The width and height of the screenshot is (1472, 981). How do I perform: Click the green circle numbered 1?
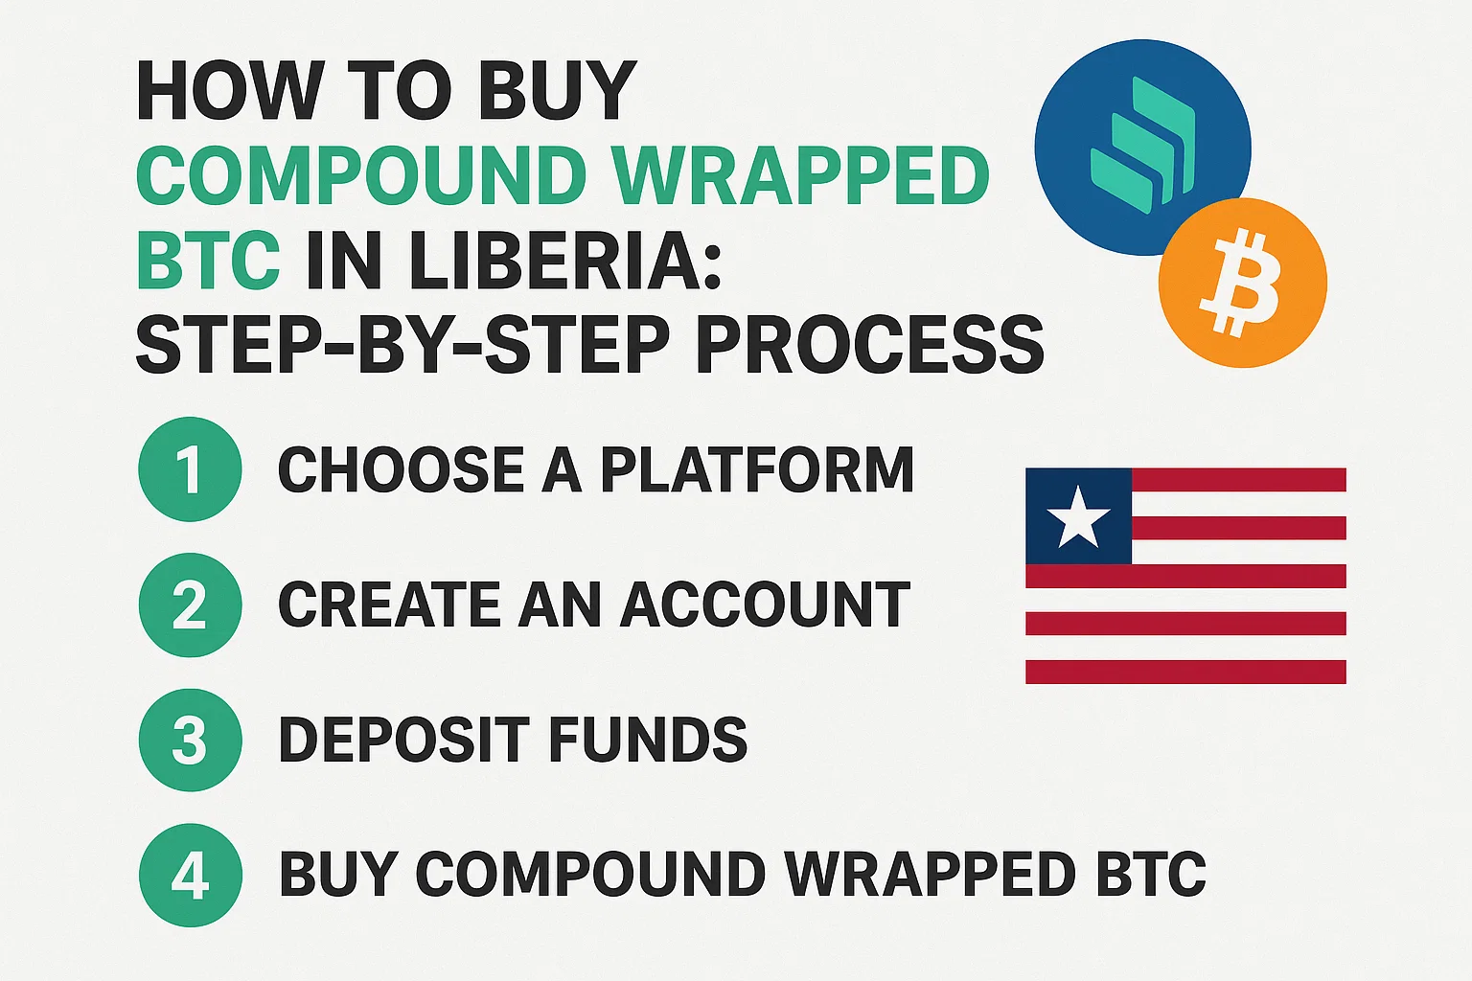tap(190, 469)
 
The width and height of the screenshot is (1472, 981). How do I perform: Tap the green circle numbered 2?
tap(190, 605)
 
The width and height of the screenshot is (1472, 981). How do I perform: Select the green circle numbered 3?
tap(190, 740)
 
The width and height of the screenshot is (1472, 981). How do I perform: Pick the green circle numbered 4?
tap(190, 876)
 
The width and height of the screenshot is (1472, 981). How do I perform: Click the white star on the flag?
tap(1078, 516)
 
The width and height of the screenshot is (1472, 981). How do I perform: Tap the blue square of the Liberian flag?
tap(1078, 515)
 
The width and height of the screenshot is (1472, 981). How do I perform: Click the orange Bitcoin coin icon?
tap(1243, 283)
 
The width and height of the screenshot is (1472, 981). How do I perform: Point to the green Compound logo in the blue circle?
tap(1142, 146)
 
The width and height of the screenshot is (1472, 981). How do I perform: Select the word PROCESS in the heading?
tap(870, 345)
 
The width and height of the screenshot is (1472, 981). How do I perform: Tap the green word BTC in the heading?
tap(208, 261)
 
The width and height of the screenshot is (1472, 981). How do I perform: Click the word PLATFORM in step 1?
tap(757, 469)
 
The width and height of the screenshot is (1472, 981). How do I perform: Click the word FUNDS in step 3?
tap(647, 740)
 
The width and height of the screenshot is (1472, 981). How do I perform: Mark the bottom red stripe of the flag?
tap(1186, 672)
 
